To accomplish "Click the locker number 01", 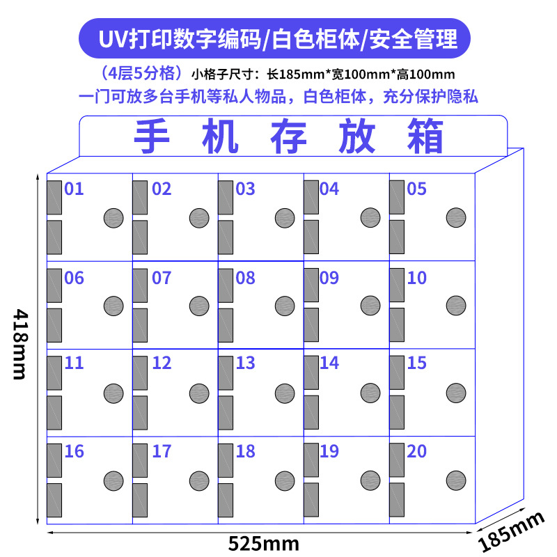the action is coord(74,189).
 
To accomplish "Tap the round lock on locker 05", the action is coord(455,217).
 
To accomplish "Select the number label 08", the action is coord(245,278).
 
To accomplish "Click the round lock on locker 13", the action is coord(284,392).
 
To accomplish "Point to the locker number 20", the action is coord(416,451).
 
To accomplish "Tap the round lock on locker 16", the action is coord(113,480).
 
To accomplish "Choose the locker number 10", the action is coord(416,278).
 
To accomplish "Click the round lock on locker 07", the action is coord(199,305).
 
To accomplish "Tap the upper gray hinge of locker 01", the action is coord(54,197).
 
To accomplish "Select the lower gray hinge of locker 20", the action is coord(396,500).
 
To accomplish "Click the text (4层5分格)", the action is coord(141,73).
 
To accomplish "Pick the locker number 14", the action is coord(329,363).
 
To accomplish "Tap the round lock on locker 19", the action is coord(370,480).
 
